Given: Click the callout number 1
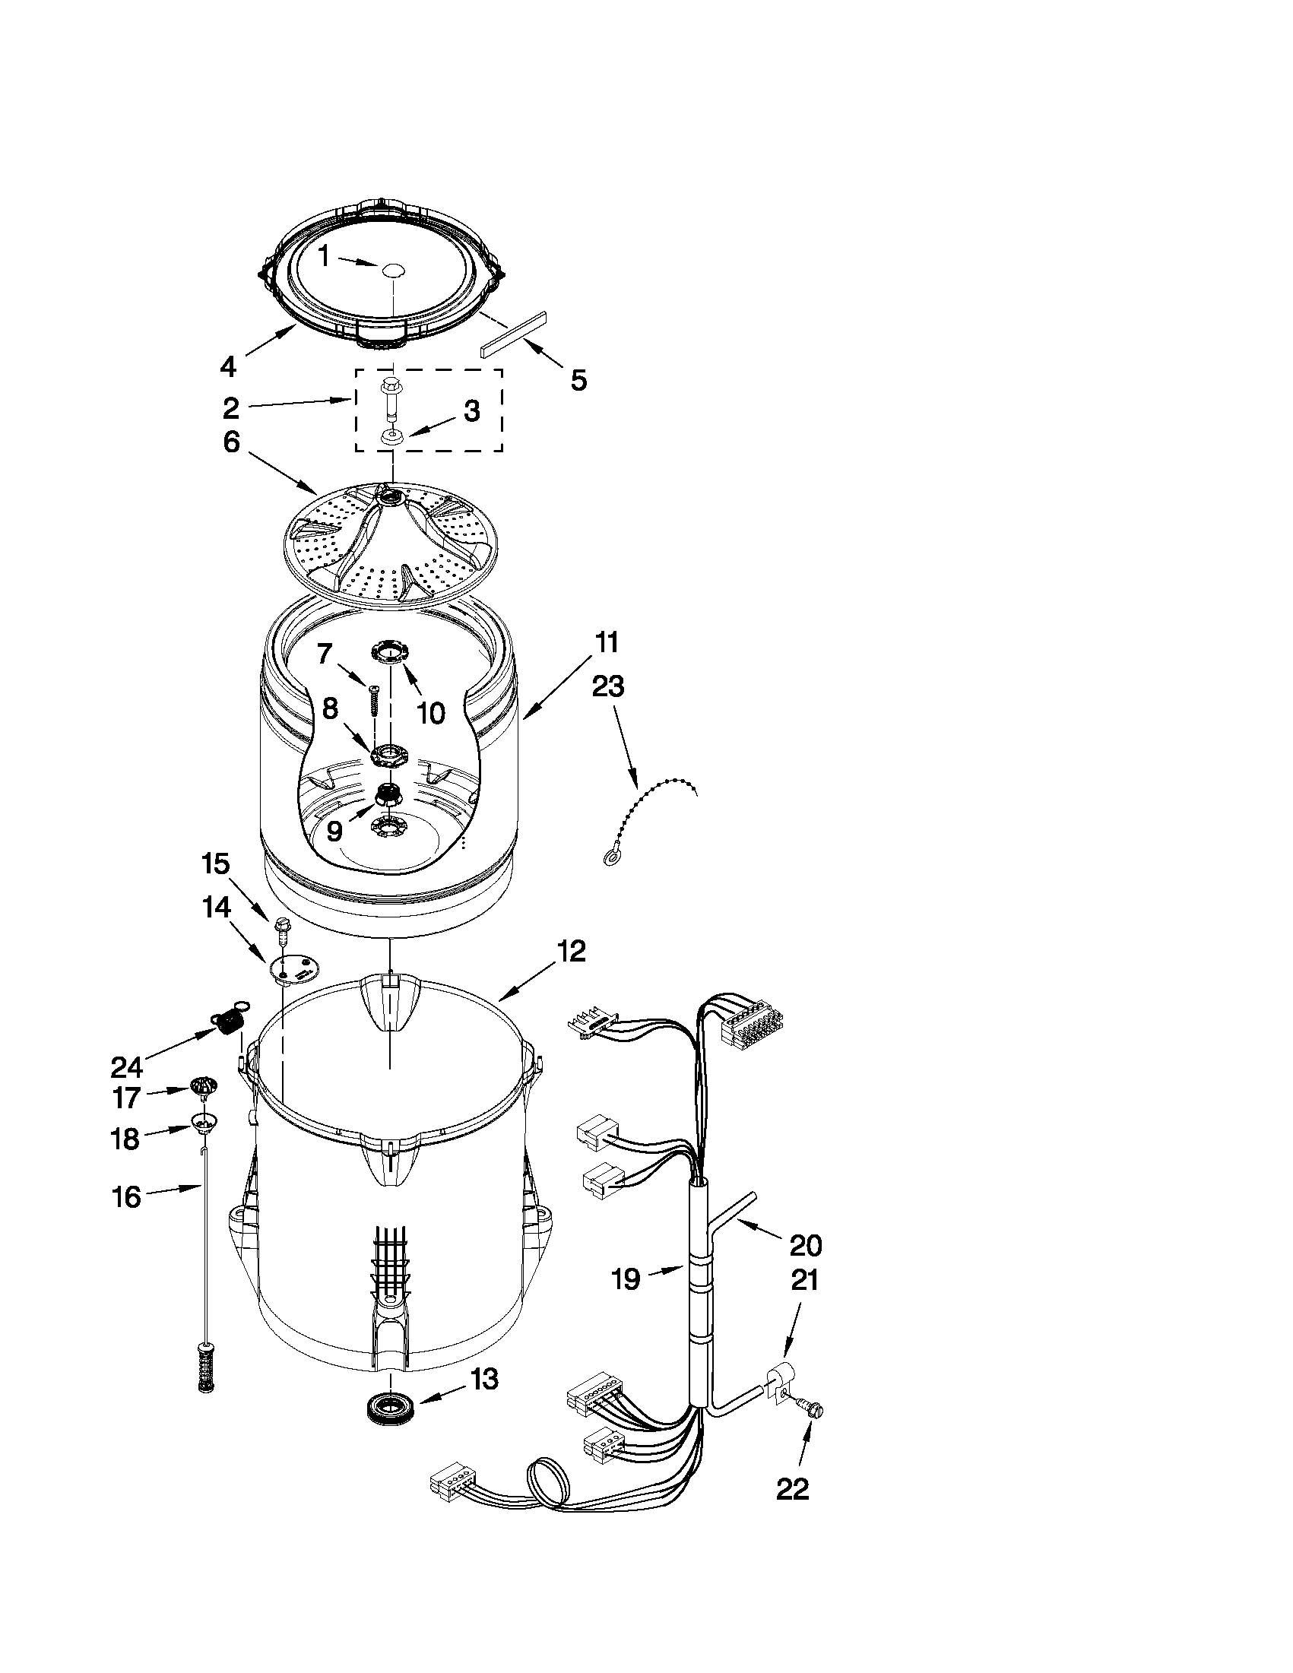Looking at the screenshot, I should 324,256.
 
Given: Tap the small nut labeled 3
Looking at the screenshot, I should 392,436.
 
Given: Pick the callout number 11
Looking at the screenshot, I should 607,642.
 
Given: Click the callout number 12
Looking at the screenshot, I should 572,951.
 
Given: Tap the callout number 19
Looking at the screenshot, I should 626,1279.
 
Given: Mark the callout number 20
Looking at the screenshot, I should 805,1246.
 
